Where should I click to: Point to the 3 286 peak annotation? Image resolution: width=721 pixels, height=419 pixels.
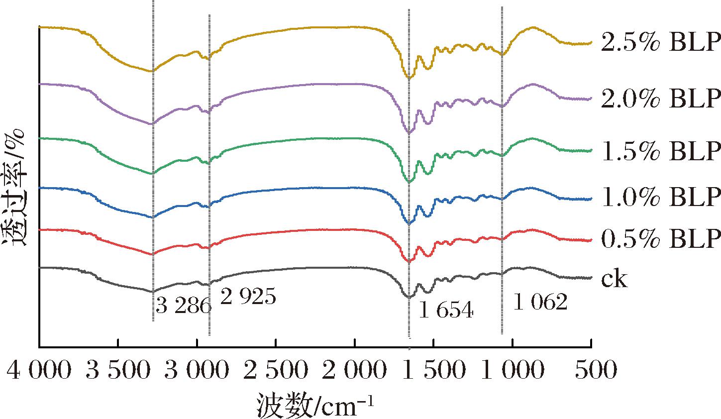click(183, 306)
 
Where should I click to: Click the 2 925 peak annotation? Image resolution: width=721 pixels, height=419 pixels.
click(247, 298)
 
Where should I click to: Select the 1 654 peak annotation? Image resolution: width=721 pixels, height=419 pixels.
click(445, 311)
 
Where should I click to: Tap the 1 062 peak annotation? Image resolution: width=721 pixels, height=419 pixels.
click(540, 302)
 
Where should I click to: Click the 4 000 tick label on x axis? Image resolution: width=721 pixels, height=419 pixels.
click(39, 371)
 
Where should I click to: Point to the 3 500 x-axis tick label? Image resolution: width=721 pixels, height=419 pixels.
click(118, 371)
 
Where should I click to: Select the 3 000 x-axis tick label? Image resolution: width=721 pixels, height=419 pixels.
click(197, 371)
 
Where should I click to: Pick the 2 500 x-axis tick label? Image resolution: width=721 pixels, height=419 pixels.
click(276, 371)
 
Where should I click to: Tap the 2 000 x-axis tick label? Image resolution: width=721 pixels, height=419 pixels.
click(355, 371)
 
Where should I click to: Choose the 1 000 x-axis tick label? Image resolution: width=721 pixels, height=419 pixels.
click(513, 371)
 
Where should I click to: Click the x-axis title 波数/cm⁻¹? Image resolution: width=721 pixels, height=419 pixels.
click(315, 403)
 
